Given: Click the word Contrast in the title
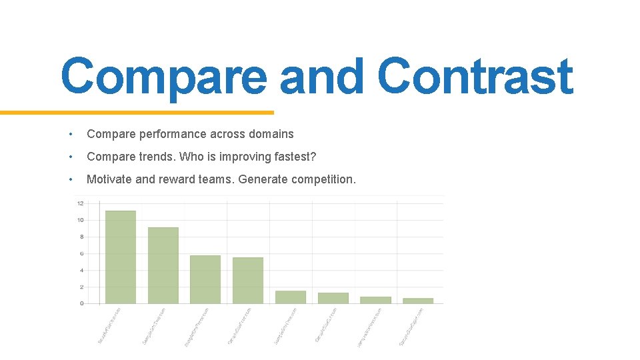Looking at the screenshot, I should click(475, 77).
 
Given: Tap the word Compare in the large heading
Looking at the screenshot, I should click(163, 77).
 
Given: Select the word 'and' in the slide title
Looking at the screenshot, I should click(322, 77).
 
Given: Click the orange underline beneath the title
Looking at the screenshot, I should click(137, 113).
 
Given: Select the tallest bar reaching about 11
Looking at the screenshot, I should click(120, 257).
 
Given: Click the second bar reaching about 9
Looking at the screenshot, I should click(163, 265).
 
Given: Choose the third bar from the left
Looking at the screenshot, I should click(205, 279).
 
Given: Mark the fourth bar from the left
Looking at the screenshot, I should click(247, 281).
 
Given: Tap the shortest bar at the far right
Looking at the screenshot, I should click(418, 301).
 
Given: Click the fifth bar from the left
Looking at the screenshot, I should click(290, 297).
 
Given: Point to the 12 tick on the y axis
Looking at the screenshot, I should click(80, 203).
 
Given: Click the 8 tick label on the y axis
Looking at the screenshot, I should click(81, 237).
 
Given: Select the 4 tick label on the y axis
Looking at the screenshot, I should click(81, 270).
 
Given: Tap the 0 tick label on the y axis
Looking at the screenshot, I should click(81, 303).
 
